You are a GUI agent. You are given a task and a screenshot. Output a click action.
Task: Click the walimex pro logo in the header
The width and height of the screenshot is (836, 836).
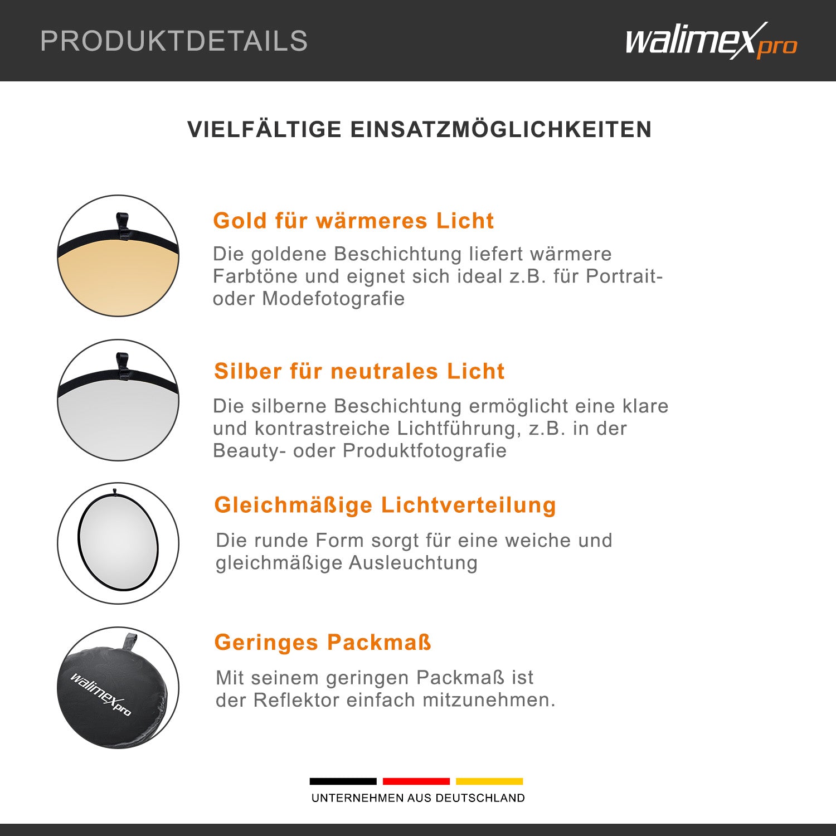[x=711, y=41]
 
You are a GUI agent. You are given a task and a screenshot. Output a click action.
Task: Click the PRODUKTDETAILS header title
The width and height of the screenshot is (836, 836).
[x=174, y=41]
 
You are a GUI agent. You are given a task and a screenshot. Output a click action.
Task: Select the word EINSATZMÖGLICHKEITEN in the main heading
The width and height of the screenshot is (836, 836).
[x=501, y=129]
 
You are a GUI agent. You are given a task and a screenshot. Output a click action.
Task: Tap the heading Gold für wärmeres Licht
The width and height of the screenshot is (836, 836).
[x=353, y=221]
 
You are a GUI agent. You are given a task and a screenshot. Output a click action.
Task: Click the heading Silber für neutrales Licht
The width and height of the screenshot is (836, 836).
[x=359, y=371]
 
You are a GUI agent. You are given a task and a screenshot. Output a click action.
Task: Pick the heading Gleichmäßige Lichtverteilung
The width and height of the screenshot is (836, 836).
[x=385, y=506]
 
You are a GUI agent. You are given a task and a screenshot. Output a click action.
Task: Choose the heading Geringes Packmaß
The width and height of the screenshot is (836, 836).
[x=323, y=643]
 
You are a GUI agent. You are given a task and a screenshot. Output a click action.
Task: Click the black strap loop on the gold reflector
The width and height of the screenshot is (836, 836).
[x=123, y=226]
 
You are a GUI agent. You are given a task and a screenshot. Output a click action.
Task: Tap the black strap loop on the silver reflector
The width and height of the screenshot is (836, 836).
[x=123, y=366]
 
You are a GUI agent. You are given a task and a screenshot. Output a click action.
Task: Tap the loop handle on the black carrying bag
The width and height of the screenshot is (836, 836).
[x=130, y=641]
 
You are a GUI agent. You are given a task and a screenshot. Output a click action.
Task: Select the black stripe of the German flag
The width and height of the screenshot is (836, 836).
[x=343, y=781]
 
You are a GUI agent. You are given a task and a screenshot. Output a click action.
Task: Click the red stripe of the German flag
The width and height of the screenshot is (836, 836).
[x=416, y=781]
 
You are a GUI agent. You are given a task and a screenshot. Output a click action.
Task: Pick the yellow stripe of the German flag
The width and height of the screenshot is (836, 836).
[x=489, y=781]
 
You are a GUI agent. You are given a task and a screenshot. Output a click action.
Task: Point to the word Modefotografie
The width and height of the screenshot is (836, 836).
[x=333, y=299]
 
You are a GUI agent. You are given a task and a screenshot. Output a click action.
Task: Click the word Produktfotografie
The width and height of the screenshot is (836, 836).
[x=425, y=450]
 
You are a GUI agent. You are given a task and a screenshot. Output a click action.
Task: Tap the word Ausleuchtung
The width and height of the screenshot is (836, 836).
[x=413, y=563]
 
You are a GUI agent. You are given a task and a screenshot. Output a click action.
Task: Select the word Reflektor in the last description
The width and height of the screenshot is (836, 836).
[x=297, y=700]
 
